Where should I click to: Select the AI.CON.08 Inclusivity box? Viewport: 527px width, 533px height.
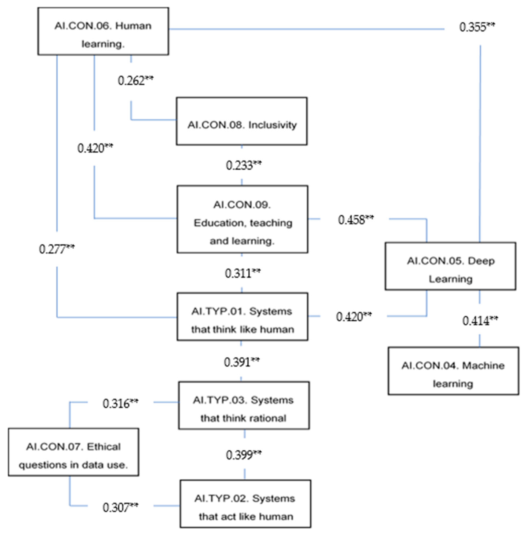[x=241, y=121]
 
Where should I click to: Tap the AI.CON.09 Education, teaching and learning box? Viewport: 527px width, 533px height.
[x=242, y=219]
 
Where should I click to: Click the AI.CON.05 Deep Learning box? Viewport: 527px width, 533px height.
[x=450, y=266]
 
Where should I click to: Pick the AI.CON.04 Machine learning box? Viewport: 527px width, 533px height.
[x=453, y=371]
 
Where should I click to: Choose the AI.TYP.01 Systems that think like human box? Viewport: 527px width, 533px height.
[x=242, y=317]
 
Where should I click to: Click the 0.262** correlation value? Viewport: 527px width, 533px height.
[x=135, y=81]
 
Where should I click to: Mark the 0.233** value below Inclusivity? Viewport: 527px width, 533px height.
[x=243, y=166]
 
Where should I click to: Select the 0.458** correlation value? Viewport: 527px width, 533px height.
[x=356, y=220]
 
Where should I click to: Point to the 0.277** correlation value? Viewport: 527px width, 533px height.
[x=57, y=249]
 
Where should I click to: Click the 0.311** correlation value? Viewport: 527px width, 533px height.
[x=242, y=273]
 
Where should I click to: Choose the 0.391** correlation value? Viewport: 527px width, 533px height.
[x=241, y=362]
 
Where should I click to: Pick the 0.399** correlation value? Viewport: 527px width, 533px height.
[x=243, y=455]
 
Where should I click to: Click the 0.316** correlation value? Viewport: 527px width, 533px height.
[x=120, y=404]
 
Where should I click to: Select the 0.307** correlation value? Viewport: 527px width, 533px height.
[x=120, y=507]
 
